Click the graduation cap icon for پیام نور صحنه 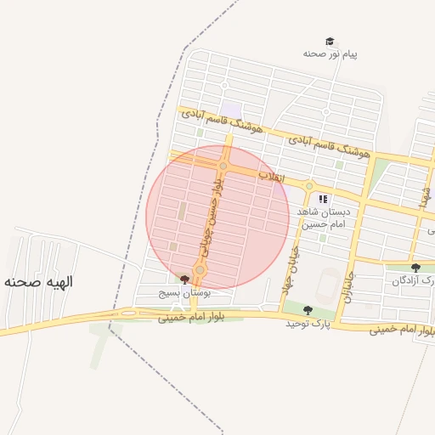tap(329, 41)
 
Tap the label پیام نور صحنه tap(330, 54)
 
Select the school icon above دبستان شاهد tap(323, 200)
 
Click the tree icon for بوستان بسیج tap(184, 279)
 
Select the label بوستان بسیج tap(184, 292)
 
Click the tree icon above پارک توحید tap(308, 310)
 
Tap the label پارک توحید tap(306, 324)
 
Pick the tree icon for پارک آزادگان tap(415, 268)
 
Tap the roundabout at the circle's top tap(223, 167)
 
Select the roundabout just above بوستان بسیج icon tap(200, 270)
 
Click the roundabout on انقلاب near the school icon tap(309, 186)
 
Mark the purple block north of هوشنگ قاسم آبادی tap(232, 110)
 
